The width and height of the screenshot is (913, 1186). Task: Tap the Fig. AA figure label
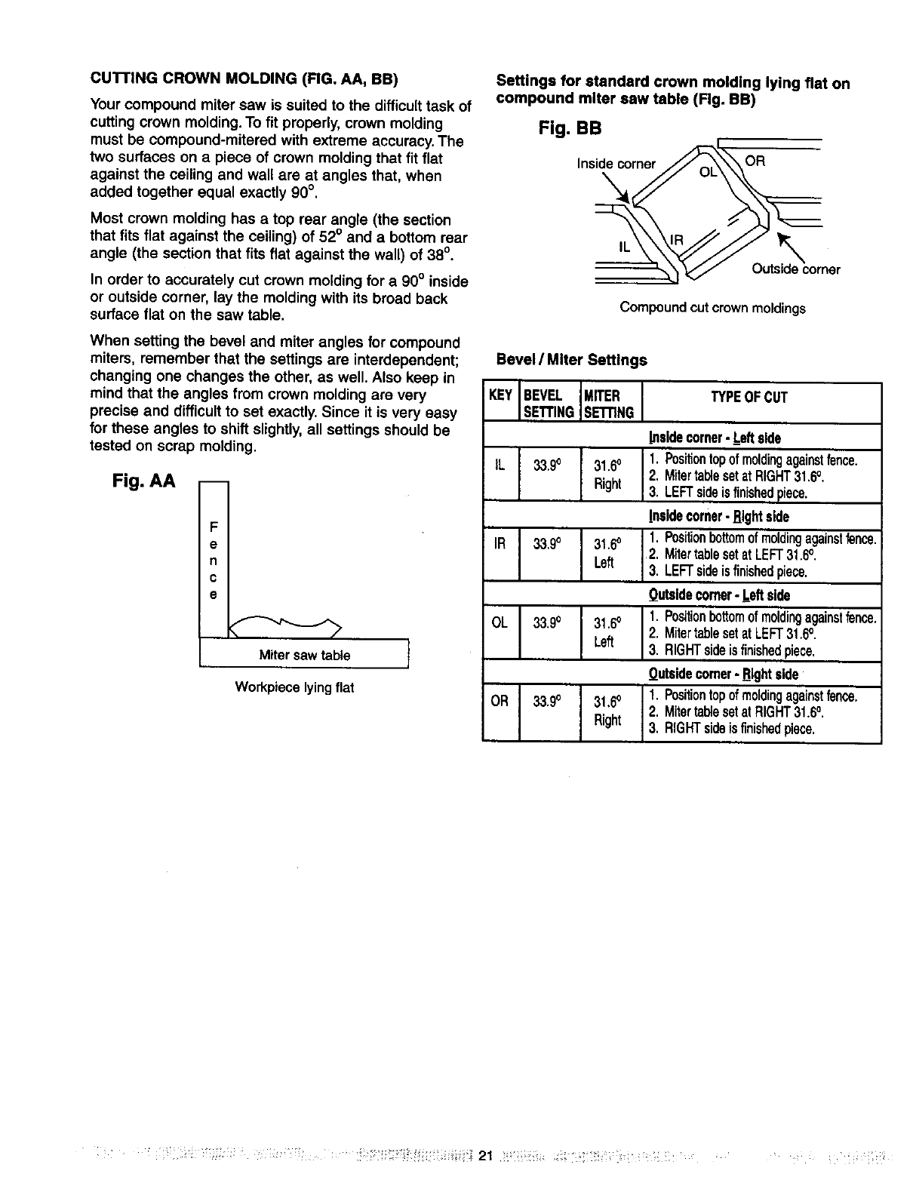click(143, 481)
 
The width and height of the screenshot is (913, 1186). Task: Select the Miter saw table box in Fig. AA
click(304, 655)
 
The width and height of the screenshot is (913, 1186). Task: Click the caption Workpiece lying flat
click(294, 687)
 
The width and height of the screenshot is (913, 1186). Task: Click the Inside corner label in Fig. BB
click(616, 164)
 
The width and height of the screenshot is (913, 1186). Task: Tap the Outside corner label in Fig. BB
click(795, 269)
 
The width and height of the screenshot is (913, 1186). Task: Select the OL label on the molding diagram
click(709, 172)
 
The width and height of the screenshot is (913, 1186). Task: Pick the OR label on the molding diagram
click(755, 161)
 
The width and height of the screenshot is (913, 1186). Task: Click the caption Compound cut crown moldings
click(712, 308)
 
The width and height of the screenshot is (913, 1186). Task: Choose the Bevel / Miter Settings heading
click(570, 360)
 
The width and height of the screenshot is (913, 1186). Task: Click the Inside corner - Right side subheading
click(718, 517)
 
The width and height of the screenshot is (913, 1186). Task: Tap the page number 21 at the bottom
click(485, 1156)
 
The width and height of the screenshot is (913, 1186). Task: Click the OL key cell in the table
click(500, 623)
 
